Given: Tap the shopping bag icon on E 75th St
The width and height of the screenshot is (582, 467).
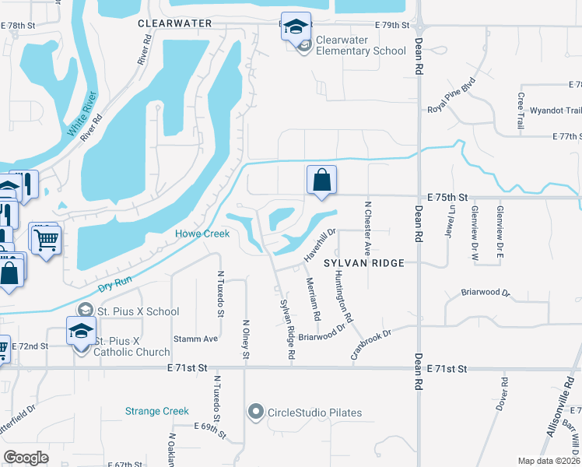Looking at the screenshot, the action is tap(321, 181).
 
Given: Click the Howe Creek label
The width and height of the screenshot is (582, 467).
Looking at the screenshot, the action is tap(202, 233).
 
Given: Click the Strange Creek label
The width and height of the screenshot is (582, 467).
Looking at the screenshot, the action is tap(157, 411).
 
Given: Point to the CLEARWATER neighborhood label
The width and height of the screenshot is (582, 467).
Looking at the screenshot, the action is tap(175, 23).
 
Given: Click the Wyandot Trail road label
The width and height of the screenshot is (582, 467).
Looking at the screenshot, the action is tap(551, 111).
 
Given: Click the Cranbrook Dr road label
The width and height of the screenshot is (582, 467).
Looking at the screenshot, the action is tap(370, 342).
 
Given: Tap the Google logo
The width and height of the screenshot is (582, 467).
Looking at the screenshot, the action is tap(26, 458).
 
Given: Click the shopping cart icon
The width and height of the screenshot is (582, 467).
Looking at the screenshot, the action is tap(46, 237).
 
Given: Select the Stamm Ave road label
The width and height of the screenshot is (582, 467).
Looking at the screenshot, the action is tap(195, 339).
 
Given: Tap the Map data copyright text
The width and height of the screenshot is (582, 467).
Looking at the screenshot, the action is tap(549, 461).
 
